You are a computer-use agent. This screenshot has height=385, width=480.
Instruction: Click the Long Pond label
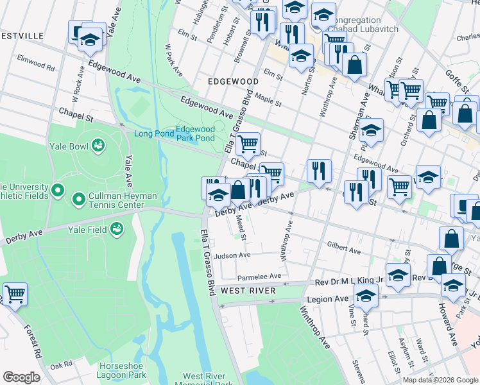pos(153,133)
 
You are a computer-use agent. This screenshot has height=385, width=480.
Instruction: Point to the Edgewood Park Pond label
pos(195,133)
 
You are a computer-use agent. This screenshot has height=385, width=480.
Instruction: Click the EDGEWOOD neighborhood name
pos(233,82)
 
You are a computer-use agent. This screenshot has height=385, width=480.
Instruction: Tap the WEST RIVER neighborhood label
pos(248,291)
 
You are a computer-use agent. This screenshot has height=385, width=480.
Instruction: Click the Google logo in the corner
pos(21,377)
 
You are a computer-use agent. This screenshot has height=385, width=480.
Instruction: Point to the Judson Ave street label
pos(232,255)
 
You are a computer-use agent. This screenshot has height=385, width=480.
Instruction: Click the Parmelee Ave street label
pos(259,277)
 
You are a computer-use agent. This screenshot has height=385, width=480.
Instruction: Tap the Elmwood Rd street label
pos(40,64)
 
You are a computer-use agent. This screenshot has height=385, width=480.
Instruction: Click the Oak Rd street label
pos(61,364)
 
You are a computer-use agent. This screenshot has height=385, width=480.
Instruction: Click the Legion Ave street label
pos(327,299)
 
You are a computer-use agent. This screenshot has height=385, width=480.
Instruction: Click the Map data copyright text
pos(440,380)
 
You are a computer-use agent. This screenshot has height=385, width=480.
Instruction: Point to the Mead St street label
pos(241,228)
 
